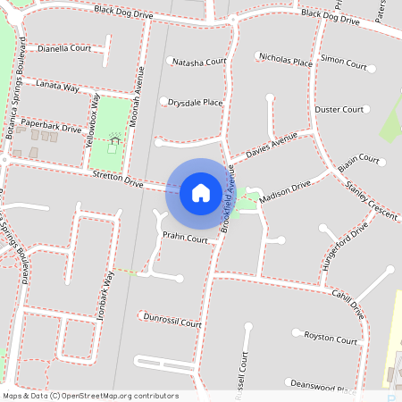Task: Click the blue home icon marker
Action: pyautogui.click(x=201, y=191)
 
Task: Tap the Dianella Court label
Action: pyautogui.click(x=64, y=49)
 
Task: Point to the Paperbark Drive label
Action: pyautogui.click(x=51, y=128)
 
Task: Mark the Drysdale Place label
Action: pyautogui.click(x=195, y=103)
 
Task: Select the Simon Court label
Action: pyautogui.click(x=344, y=65)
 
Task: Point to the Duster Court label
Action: pyautogui.click(x=339, y=109)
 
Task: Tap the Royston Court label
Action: pyautogui.click(x=331, y=338)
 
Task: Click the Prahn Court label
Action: pyautogui.click(x=185, y=239)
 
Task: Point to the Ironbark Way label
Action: pyautogui.click(x=107, y=295)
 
